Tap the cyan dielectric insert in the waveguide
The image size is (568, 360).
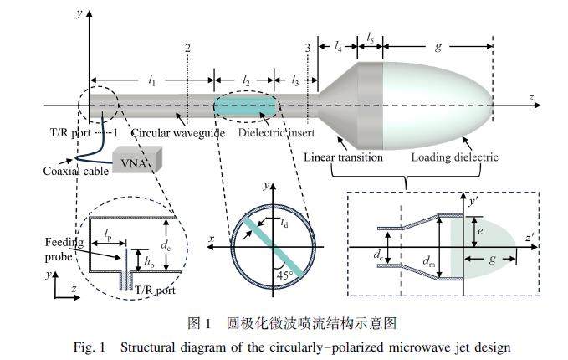(x=245, y=107)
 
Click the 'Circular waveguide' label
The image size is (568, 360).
(x=163, y=133)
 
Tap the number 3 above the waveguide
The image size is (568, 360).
(x=309, y=48)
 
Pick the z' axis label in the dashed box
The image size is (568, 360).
(x=530, y=239)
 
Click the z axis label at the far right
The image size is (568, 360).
(x=530, y=97)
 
